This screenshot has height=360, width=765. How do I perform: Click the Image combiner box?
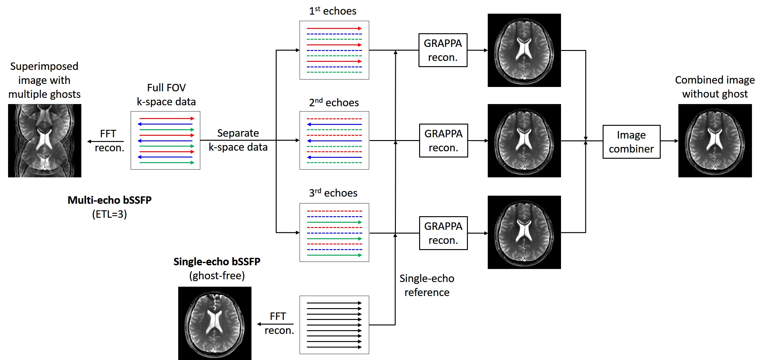(x=631, y=142)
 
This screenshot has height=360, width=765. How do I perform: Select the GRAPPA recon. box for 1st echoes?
(x=443, y=50)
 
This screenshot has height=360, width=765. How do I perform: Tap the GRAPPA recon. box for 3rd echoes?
(x=443, y=233)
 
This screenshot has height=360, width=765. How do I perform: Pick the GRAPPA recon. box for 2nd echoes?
(x=443, y=141)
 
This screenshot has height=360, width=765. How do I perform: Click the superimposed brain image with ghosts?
(x=45, y=141)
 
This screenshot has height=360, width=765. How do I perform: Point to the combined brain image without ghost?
(x=715, y=141)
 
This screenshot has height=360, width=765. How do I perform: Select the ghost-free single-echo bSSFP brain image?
(x=215, y=323)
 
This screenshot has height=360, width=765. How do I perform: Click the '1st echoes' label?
(x=333, y=11)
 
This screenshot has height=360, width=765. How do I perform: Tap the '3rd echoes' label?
(x=333, y=193)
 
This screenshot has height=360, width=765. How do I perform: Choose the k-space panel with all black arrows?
(x=334, y=325)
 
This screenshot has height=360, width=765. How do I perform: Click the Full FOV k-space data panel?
(x=165, y=140)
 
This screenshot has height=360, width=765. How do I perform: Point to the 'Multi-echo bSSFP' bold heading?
(x=110, y=200)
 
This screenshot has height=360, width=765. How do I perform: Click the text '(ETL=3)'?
(x=110, y=214)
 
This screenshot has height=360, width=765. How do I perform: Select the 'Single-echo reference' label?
(x=427, y=285)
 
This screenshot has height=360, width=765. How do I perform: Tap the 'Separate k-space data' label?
(x=238, y=140)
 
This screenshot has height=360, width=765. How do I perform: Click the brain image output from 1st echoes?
(x=524, y=50)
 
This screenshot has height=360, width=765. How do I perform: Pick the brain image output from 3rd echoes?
(x=524, y=232)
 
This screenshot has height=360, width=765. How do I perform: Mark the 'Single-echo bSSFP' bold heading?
(x=217, y=262)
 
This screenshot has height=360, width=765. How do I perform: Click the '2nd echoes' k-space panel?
(x=334, y=140)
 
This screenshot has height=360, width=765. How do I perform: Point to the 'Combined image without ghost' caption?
(x=715, y=87)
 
